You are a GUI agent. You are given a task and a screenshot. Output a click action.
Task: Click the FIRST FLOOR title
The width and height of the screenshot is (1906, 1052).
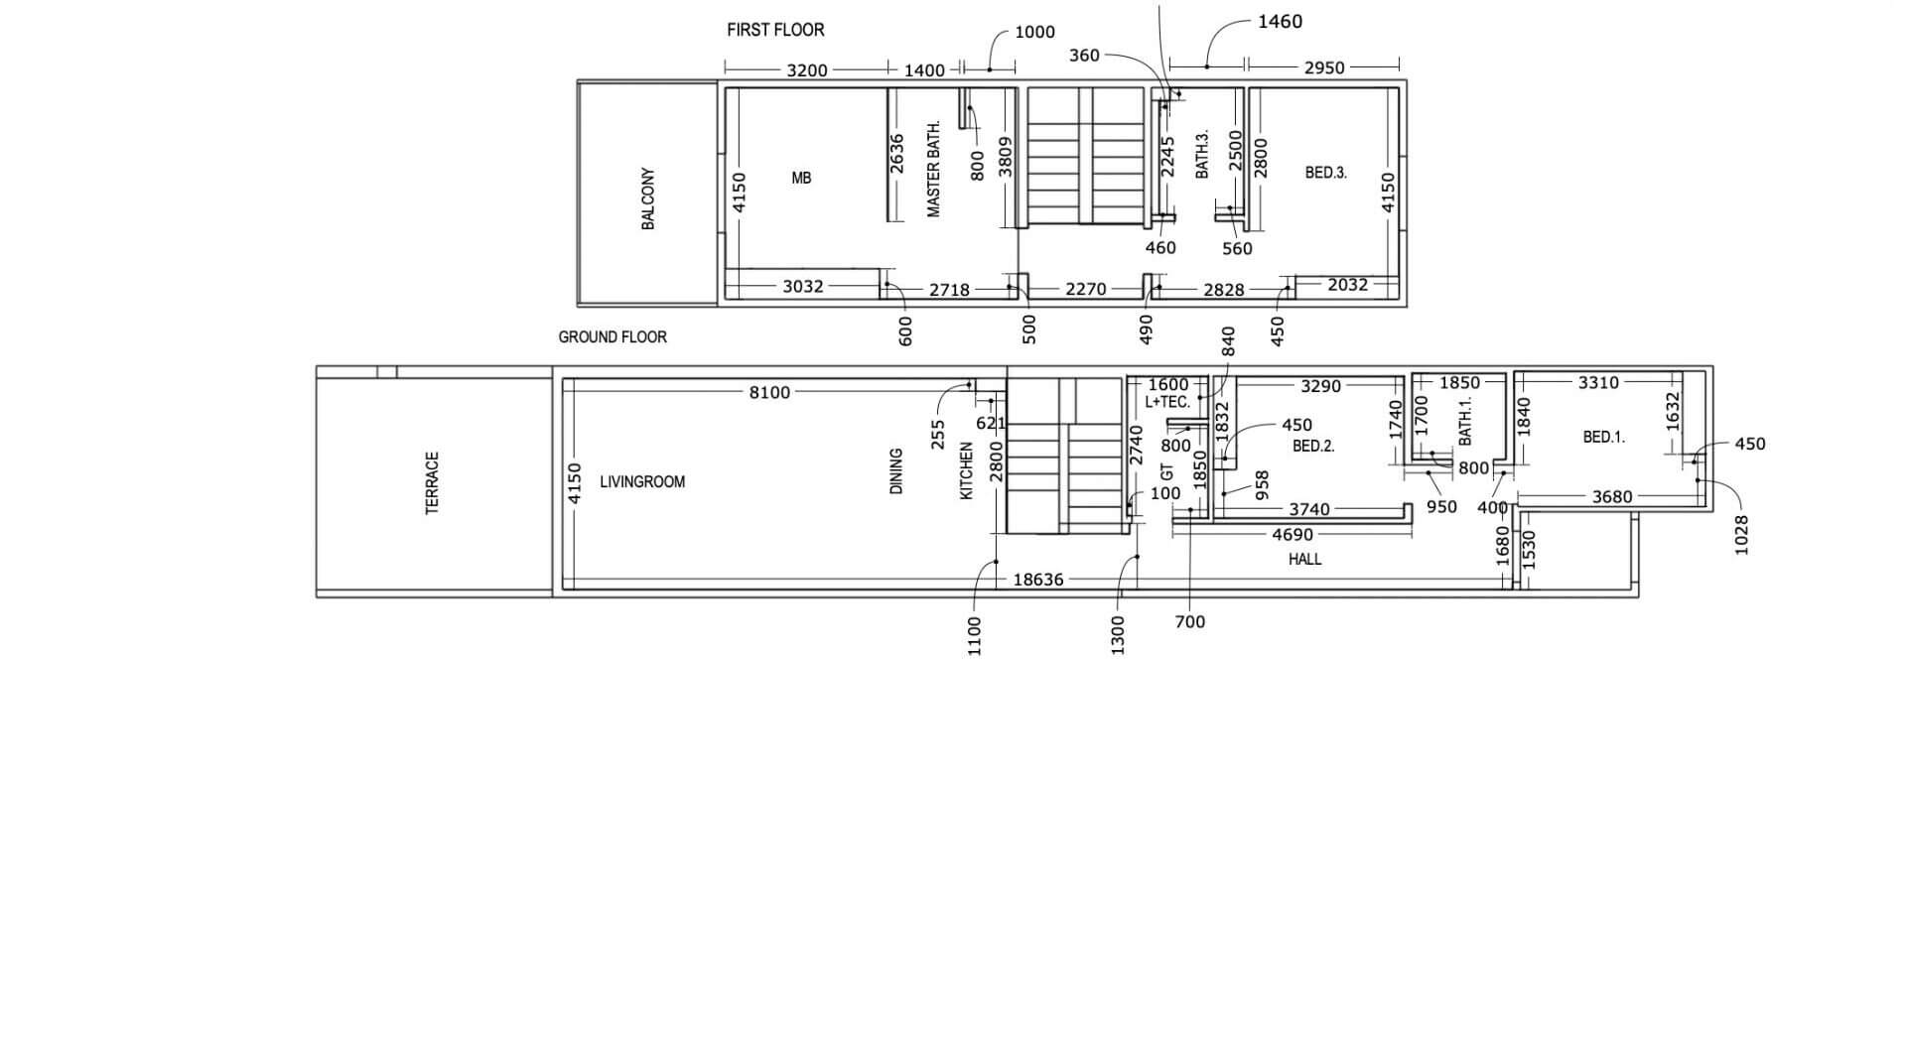tap(775, 30)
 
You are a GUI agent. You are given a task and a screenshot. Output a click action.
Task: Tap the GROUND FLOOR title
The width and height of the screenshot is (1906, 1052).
tap(613, 337)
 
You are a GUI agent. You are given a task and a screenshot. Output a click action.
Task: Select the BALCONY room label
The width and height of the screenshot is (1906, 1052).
tap(648, 198)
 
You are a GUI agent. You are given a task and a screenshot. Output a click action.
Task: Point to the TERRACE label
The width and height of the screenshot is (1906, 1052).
tap(432, 483)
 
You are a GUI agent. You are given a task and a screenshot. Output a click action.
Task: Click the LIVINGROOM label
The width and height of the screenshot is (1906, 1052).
tap(642, 482)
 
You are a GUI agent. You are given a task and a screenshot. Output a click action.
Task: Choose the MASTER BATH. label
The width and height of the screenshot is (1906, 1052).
tap(933, 169)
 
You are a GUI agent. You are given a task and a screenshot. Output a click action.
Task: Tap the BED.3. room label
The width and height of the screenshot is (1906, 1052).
tap(1325, 173)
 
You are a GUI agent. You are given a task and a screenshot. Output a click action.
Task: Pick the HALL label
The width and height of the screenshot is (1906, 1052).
tap(1304, 560)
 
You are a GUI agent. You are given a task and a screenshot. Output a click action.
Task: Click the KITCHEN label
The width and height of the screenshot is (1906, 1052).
tap(967, 471)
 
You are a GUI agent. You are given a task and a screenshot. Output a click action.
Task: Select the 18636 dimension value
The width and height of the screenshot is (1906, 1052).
tap(1037, 580)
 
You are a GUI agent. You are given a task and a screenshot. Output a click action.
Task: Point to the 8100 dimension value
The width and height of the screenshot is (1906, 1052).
tap(769, 393)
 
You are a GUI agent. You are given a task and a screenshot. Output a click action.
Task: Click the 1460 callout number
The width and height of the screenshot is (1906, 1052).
tap(1280, 22)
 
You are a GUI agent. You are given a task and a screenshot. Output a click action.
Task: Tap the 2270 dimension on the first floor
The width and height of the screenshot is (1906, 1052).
tap(1085, 289)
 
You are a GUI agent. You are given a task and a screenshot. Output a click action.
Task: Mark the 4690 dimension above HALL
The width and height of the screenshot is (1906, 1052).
tap(1293, 535)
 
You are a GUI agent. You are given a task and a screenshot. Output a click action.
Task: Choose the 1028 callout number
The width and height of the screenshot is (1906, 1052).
tap(1741, 535)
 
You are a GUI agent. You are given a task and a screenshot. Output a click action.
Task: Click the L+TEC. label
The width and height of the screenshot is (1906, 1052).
tap(1167, 402)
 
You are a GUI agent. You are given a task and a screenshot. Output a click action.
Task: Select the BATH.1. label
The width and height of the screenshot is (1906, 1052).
tap(1465, 421)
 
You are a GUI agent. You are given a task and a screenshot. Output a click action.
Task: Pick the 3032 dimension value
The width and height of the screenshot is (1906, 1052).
tap(803, 287)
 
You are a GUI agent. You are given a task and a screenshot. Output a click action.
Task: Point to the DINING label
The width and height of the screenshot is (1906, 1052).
tap(896, 471)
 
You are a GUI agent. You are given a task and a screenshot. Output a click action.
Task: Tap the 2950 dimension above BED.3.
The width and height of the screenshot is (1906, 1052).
tap(1324, 67)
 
